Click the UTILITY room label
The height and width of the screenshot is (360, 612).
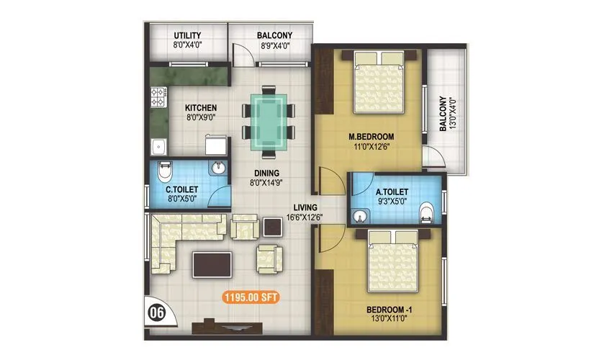tap(187, 35)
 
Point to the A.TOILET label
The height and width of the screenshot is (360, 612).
tap(392, 192)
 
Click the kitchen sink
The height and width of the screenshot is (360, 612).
tap(158, 147)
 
